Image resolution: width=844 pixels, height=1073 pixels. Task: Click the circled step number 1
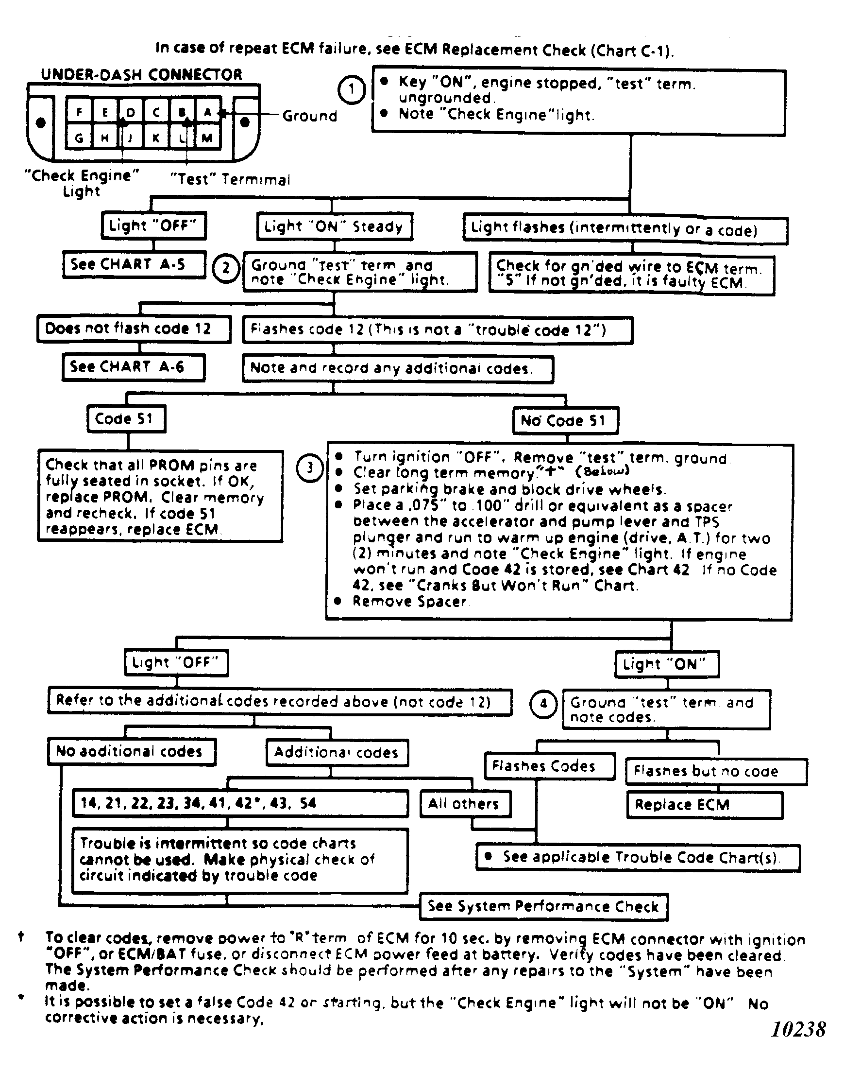pos(351,90)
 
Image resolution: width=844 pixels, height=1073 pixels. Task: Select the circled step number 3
pos(310,468)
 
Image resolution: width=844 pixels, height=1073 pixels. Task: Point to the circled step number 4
pos(543,704)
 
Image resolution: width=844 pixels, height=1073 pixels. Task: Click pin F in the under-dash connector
pos(79,112)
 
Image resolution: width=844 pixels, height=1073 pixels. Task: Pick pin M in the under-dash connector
pos(207,138)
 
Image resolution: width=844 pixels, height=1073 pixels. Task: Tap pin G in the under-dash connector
pos(79,138)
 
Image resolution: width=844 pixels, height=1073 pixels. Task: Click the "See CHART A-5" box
pos(134,264)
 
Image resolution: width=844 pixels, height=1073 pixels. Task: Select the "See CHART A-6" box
pos(134,367)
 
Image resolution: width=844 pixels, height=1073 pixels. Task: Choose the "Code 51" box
pos(126,419)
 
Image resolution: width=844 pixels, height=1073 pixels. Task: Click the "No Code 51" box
pos(565,421)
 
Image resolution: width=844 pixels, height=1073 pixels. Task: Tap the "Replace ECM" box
pos(705,805)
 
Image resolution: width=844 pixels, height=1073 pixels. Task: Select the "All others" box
pos(465,803)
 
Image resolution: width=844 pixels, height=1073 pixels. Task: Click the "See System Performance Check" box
pos(543,906)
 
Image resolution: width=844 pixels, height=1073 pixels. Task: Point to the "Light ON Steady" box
pos(335,226)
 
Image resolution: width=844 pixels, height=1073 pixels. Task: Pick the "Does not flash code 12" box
pos(134,329)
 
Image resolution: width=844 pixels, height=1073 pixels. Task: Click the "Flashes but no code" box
pos(715,771)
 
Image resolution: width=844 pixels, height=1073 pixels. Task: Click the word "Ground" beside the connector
pos(310,116)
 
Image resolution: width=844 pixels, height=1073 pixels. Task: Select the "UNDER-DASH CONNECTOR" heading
pos(142,75)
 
